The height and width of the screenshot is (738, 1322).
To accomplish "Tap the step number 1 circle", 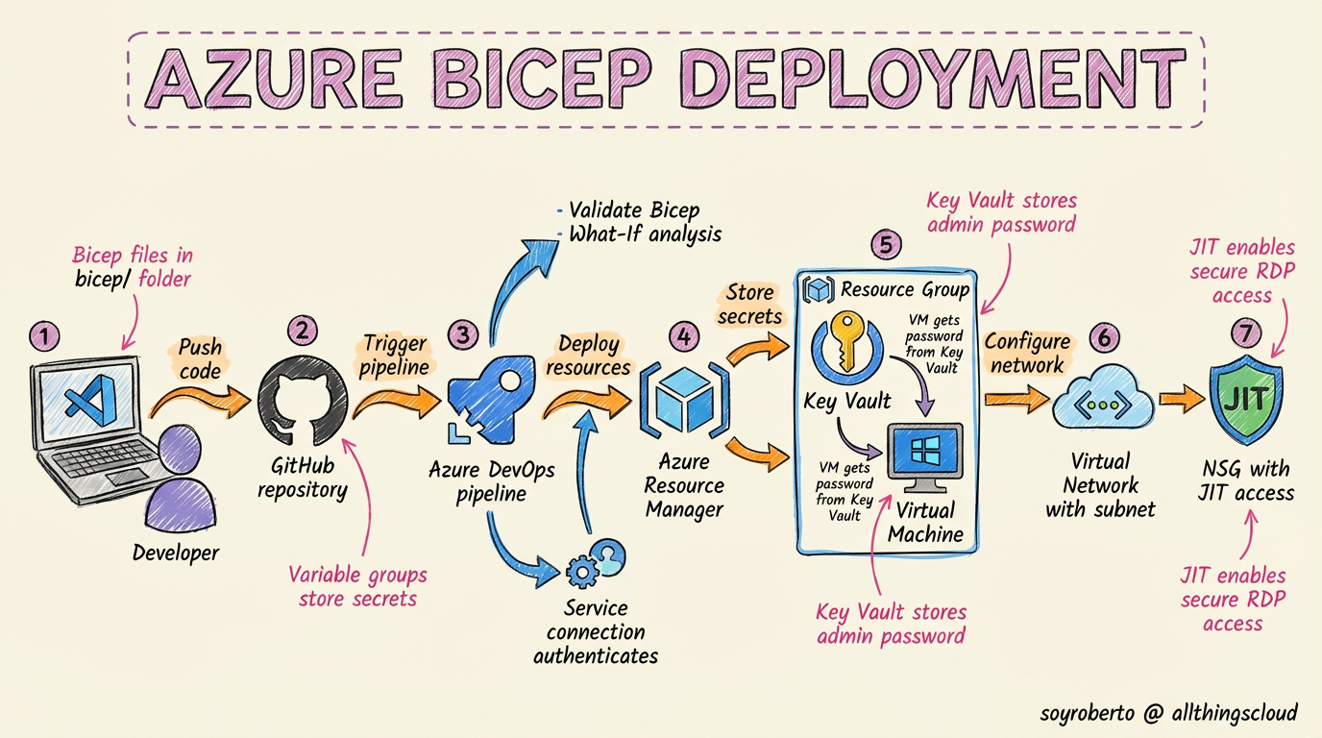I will pos(44,336).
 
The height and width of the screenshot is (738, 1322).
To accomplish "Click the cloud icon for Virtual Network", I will pos(1101,405).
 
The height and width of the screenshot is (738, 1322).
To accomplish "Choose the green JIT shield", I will pos(1246,399).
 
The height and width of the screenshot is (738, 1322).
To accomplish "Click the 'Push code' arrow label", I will pos(200,358).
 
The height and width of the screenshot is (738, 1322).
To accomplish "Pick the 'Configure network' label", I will pos(1027,353).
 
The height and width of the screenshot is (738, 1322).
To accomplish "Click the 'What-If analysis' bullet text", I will pos(645,234).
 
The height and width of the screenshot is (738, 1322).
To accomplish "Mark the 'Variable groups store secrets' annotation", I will pos(357,586).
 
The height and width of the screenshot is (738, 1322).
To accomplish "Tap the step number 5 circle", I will pos(885,244).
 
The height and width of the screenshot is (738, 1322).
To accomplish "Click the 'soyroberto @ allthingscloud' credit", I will pos(1169,713).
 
